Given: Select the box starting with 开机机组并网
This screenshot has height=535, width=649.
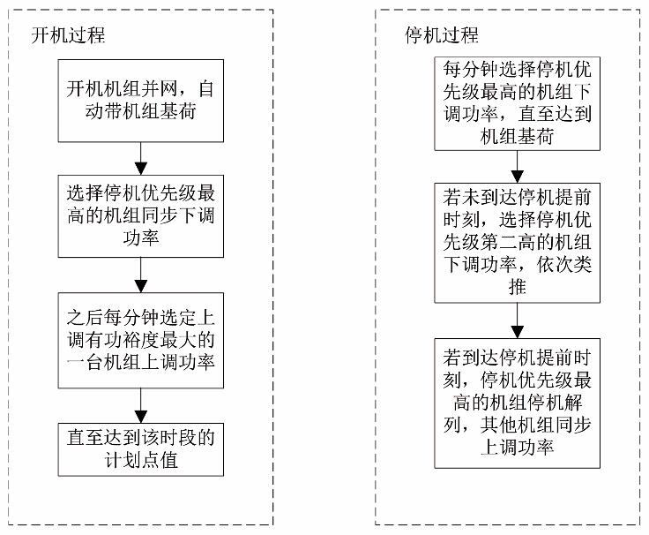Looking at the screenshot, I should coord(140,101).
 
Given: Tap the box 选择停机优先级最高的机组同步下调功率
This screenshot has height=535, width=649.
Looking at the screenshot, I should coord(140,214).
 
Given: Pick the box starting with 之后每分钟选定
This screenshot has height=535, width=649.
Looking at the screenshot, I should coord(140,340).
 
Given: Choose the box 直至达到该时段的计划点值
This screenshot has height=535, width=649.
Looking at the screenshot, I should coord(140,448).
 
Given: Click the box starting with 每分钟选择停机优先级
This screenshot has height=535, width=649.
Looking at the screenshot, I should coord(514,101).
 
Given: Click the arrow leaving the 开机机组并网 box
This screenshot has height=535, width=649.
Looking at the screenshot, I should coord(140,158).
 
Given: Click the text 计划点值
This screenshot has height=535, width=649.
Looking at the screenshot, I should coord(141,459).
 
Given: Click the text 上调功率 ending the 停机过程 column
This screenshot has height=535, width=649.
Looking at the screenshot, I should coord(515,448).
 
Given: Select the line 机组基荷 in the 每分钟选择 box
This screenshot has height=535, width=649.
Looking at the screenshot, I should coord(515,135).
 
